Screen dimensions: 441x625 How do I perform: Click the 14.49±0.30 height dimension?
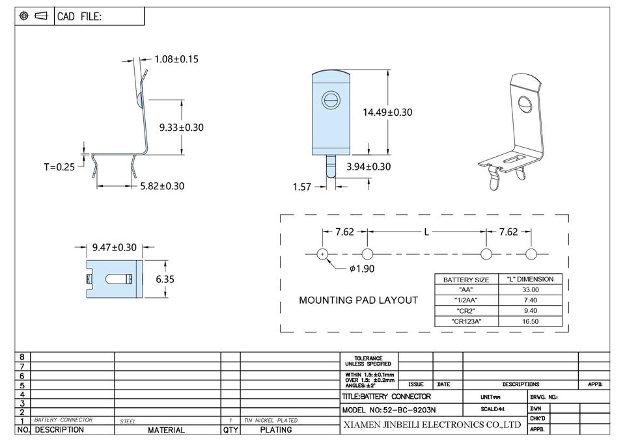tap(387, 112)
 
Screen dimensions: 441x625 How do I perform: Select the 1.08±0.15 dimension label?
tap(176, 59)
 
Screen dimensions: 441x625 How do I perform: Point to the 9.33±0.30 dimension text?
tap(181, 127)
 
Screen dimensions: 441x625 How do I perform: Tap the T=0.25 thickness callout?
tap(59, 167)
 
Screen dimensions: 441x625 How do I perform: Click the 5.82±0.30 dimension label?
tap(162, 186)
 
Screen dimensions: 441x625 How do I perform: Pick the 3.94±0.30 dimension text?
tap(368, 167)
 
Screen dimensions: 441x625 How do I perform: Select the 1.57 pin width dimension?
tap(302, 187)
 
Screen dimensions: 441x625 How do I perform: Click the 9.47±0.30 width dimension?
tap(115, 247)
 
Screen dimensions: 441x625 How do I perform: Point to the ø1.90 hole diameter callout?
tap(362, 269)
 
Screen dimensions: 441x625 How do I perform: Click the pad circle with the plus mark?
tap(322, 254)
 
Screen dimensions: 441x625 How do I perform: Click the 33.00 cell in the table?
tap(531, 289)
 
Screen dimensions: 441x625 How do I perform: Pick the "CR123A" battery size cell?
tap(465, 321)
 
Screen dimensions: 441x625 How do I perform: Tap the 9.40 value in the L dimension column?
tap(531, 311)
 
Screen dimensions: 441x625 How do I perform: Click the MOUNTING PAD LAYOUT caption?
tap(358, 301)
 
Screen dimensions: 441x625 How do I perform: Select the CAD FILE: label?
tap(79, 17)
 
